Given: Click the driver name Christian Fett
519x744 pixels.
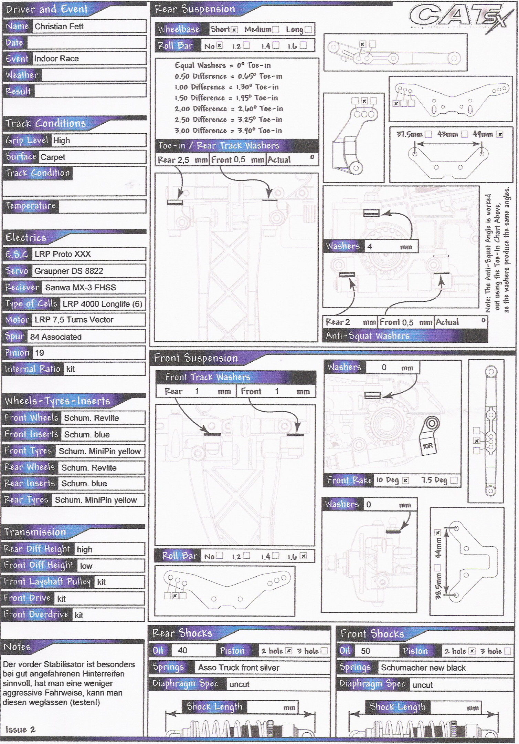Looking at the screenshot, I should [59, 27].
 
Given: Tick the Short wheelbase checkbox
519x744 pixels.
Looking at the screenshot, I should [234, 30].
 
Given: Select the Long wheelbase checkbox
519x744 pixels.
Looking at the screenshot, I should [308, 30].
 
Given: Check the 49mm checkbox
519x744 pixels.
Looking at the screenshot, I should [500, 134].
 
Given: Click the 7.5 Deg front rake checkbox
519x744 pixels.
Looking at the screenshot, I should [454, 480].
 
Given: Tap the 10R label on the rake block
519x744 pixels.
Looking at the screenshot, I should [427, 446].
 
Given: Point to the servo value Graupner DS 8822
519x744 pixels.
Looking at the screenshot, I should [68, 271].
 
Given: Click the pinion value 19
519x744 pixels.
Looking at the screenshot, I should [40, 353].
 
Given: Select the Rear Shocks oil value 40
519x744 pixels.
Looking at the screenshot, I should [182, 650].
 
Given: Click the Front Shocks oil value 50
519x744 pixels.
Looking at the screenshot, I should [366, 651].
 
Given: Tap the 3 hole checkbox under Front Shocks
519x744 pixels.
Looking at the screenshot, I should [507, 651].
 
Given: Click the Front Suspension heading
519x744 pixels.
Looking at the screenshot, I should [196, 358].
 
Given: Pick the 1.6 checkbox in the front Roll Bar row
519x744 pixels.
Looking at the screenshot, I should [303, 556].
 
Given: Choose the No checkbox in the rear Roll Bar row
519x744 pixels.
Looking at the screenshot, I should [220, 45].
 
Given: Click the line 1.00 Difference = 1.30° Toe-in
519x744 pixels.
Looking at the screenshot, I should [226, 87].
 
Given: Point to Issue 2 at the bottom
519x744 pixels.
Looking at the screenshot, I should [20, 729].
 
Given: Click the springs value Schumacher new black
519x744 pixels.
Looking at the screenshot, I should [423, 668].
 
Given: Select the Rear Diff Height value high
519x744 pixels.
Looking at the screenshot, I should [84, 549].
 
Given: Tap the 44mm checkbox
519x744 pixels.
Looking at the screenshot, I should [438, 533].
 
